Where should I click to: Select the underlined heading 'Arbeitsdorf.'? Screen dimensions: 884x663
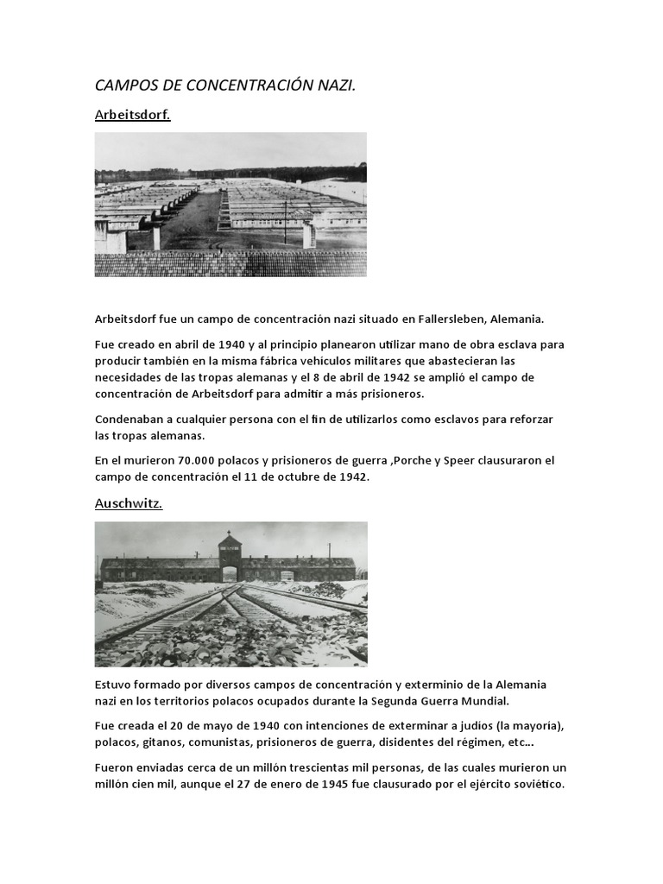[x=132, y=114]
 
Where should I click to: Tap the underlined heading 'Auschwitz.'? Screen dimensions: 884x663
[x=128, y=504]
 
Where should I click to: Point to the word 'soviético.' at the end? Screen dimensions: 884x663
[x=534, y=784]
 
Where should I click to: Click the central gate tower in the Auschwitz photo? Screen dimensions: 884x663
[x=230, y=552]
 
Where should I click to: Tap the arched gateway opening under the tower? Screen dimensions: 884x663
[x=230, y=573]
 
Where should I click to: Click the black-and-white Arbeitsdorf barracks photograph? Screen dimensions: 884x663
[x=230, y=205]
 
